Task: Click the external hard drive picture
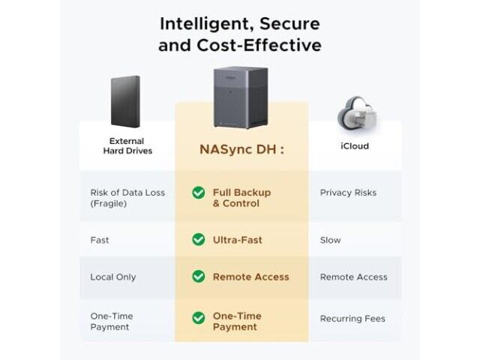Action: (x=125, y=102)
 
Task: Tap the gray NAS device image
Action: (x=241, y=97)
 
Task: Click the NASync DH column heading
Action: (x=241, y=149)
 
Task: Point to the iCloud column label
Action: (x=355, y=146)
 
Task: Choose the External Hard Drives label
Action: (x=127, y=146)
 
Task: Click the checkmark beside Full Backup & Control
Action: (x=198, y=193)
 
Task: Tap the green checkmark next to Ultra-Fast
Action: (x=198, y=239)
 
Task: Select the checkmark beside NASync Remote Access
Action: (x=198, y=277)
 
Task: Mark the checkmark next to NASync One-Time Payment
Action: (x=198, y=318)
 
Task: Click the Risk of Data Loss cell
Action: (x=127, y=198)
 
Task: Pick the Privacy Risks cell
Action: (x=348, y=193)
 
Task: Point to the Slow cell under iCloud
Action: (x=330, y=240)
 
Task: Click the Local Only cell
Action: (x=113, y=277)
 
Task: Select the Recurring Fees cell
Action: (x=352, y=319)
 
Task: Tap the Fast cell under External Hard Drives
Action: (x=100, y=240)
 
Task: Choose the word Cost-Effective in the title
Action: (x=259, y=45)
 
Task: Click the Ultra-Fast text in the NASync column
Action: (x=238, y=240)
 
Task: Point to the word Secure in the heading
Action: (x=290, y=24)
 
